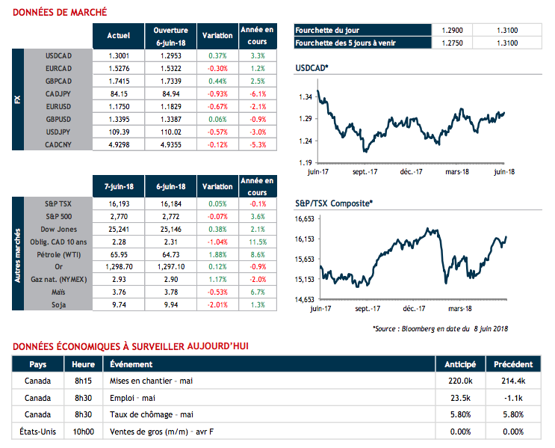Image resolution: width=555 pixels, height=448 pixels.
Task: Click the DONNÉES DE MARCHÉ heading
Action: (x=60, y=12)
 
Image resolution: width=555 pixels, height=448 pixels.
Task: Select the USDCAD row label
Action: (x=58, y=56)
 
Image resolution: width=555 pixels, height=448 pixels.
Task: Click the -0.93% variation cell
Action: (x=218, y=94)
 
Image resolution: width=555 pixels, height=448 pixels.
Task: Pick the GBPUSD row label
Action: (x=58, y=120)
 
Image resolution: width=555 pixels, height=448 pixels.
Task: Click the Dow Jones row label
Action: (x=58, y=229)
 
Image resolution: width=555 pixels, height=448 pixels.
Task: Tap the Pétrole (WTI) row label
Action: (x=58, y=254)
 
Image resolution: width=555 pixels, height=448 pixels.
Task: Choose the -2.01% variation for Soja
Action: (x=218, y=305)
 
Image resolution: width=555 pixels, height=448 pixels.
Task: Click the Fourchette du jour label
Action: (x=327, y=31)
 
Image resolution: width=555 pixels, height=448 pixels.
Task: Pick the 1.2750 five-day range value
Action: (x=452, y=43)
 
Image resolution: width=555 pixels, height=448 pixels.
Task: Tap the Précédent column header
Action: (x=512, y=364)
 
